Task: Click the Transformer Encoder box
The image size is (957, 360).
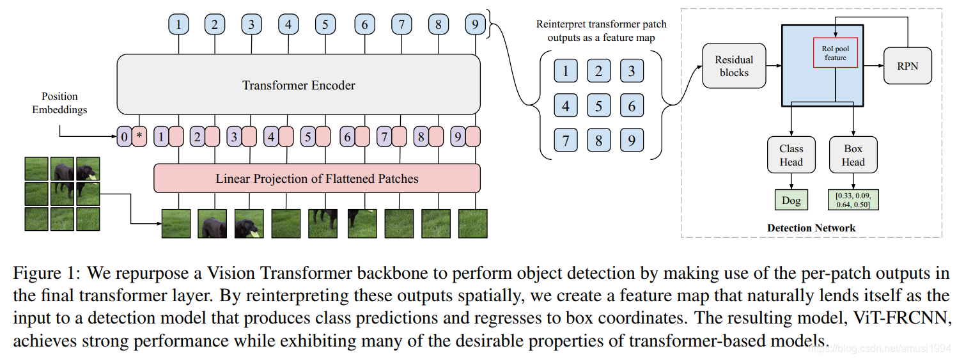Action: pyautogui.click(x=298, y=84)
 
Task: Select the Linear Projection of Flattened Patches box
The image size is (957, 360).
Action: pyautogui.click(x=316, y=178)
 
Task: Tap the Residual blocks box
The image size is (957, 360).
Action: pyautogui.click(x=734, y=66)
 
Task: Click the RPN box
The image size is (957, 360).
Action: pyautogui.click(x=908, y=66)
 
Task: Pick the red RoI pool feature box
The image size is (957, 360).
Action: pyautogui.click(x=835, y=53)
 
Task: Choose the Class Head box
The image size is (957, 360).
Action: pyautogui.click(x=791, y=155)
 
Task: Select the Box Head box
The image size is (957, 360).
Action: pyautogui.click(x=853, y=155)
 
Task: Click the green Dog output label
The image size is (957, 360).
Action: pyautogui.click(x=791, y=200)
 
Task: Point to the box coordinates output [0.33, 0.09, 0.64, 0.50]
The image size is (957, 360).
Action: pyautogui.click(x=853, y=200)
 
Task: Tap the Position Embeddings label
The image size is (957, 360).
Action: pyautogui.click(x=59, y=103)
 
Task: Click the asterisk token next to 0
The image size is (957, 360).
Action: pyautogui.click(x=139, y=137)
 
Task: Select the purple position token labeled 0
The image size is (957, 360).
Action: pyautogui.click(x=124, y=137)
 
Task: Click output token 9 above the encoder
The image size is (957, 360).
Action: pyautogui.click(x=475, y=25)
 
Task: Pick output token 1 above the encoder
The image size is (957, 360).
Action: pyautogui.click(x=178, y=25)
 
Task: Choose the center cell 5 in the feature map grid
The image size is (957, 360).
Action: pyautogui.click(x=598, y=106)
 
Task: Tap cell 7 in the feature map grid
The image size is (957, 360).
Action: pyautogui.click(x=565, y=140)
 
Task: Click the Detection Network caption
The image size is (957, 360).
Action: pyautogui.click(x=811, y=228)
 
